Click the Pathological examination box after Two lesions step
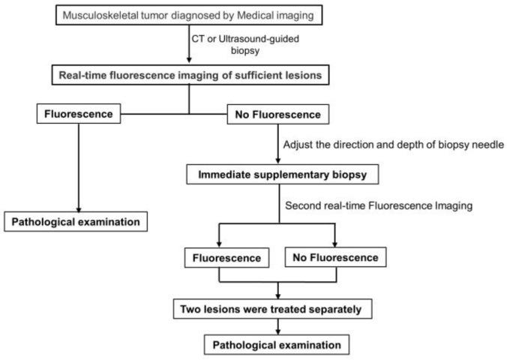[x=279, y=346]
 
